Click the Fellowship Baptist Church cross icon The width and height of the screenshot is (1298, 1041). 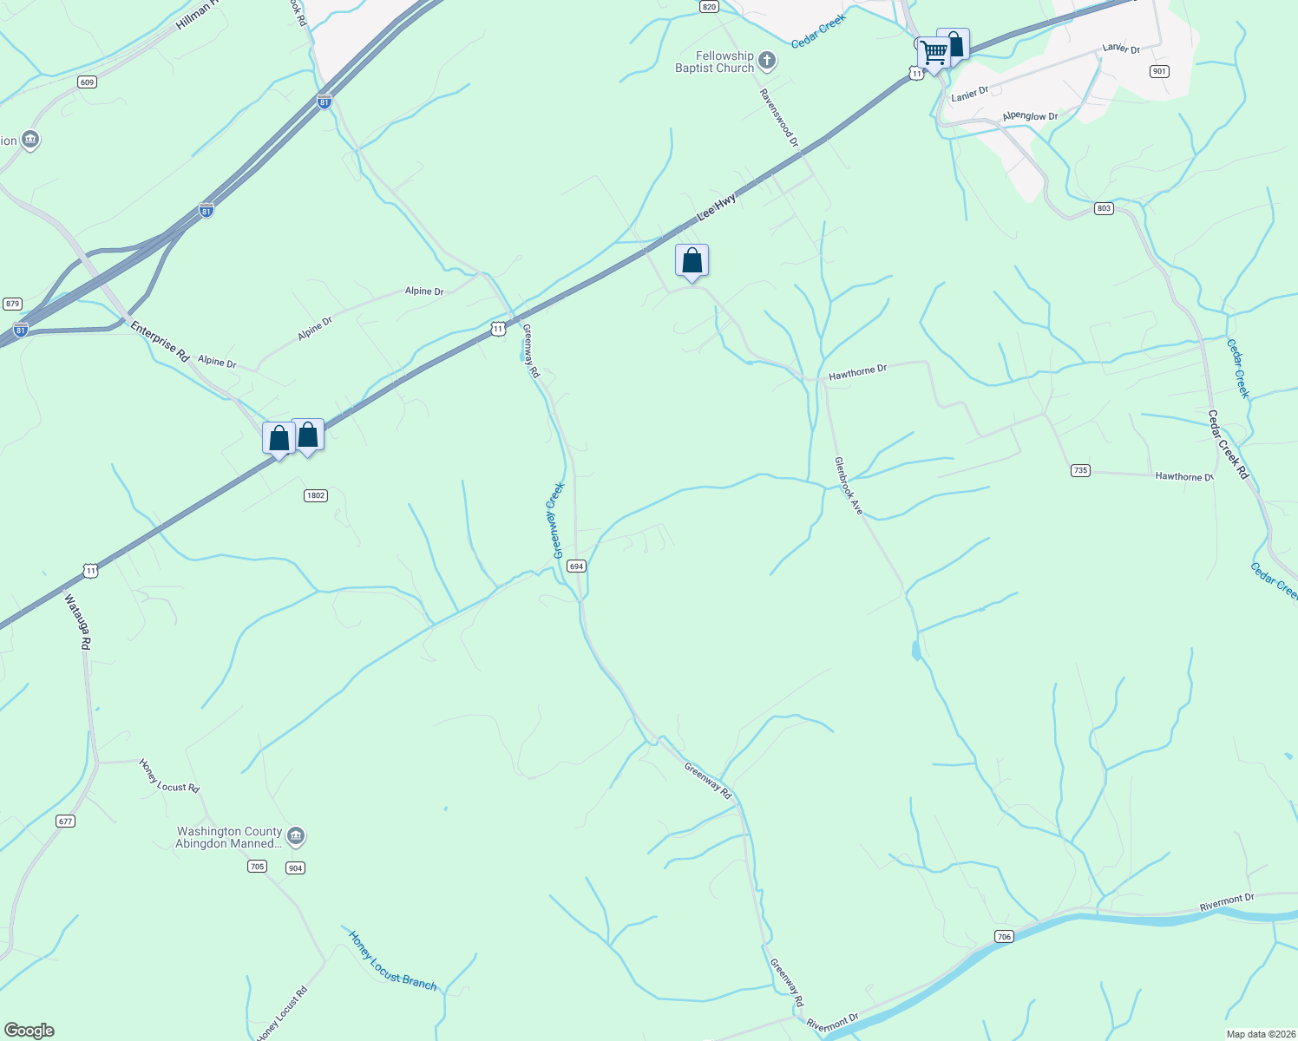pos(766,61)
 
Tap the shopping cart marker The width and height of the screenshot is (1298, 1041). pos(933,54)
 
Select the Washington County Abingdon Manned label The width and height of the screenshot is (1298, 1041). pos(229,837)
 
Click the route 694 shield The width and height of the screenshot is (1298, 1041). pos(577,566)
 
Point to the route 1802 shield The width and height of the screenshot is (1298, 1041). pos(316,495)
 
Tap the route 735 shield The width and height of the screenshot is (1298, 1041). pos(1079,470)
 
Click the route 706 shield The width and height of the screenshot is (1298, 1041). pos(1004,936)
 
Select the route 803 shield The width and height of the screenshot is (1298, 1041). pos(1104,208)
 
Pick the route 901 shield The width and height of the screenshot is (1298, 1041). pos(1159,71)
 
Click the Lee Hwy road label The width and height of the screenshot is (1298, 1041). pos(717,207)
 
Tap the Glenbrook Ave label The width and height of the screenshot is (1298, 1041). pos(849,486)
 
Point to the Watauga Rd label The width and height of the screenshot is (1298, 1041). pos(77,621)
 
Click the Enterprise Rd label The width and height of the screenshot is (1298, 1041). pos(160,341)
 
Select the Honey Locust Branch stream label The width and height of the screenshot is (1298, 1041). pos(392,960)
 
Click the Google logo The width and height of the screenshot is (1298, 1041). pos(29,1031)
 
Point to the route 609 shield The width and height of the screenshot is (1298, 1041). pos(86,82)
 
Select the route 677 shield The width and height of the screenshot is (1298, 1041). pos(65,821)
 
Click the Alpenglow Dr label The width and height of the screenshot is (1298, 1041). pos(1030,116)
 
